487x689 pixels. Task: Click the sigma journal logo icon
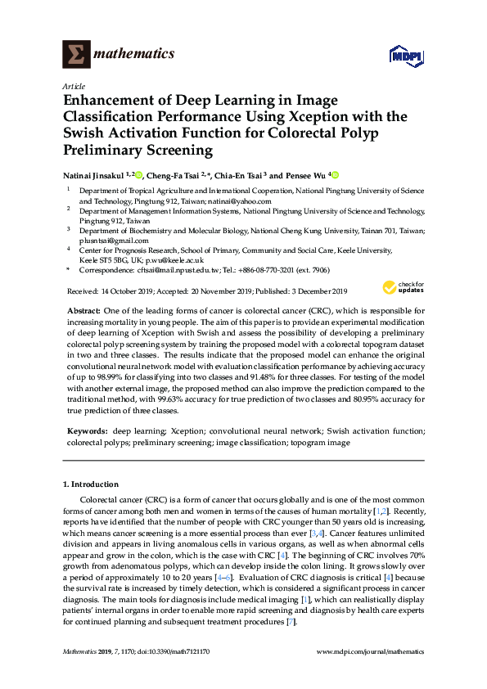(76, 54)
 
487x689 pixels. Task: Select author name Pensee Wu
(304, 175)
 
